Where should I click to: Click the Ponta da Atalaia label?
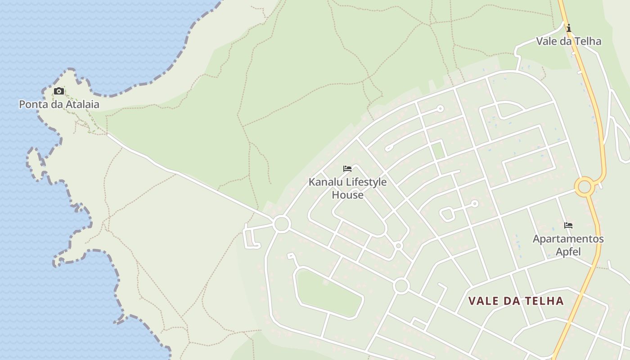tap(59, 104)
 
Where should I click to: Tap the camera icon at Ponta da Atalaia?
tap(59, 91)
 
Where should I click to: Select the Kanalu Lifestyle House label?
tap(347, 189)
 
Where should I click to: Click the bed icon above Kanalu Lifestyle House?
tap(347, 169)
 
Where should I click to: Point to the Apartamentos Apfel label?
tap(568, 245)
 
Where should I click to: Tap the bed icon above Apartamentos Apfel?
tap(568, 225)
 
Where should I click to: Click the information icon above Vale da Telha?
tap(569, 28)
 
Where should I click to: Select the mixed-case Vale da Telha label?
tap(568, 41)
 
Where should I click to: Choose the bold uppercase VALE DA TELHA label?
tap(516, 301)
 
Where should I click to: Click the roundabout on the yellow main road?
tap(584, 186)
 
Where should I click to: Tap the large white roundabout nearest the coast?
tap(282, 224)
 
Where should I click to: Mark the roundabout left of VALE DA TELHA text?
tap(401, 286)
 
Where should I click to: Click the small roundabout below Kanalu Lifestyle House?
tap(398, 246)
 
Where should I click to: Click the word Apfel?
tap(568, 251)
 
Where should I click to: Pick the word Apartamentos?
tap(568, 238)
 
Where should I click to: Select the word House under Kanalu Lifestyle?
tap(347, 195)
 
